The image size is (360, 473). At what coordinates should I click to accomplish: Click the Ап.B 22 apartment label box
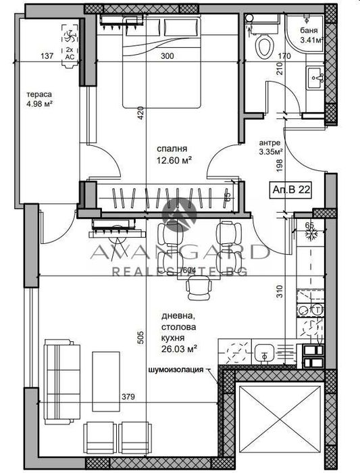(292, 190)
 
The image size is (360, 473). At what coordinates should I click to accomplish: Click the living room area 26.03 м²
(178, 349)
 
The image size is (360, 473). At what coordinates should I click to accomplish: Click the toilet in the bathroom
(265, 46)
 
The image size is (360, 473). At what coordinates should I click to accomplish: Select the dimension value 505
(140, 338)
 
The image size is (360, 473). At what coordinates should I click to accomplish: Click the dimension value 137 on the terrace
(46, 57)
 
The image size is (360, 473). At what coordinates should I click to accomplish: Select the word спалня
(172, 149)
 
